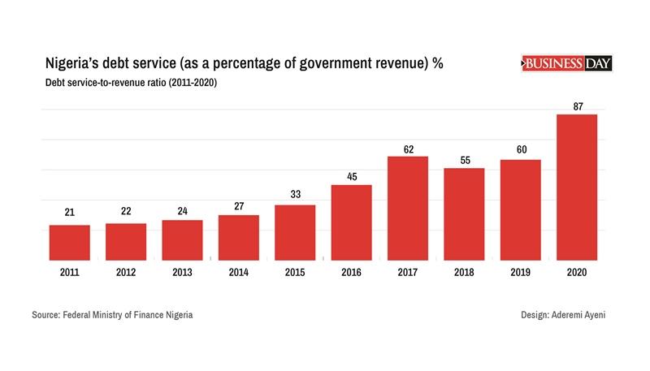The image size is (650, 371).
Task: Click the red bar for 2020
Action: click(577, 187)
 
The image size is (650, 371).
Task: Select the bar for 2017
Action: click(408, 208)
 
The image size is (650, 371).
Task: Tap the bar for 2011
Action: click(69, 242)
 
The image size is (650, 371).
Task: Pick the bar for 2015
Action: click(295, 232)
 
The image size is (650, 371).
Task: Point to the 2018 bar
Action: click(464, 214)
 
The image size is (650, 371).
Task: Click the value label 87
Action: click(577, 106)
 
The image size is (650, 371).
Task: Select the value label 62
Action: click(408, 148)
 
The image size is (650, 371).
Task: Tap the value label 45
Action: click(351, 176)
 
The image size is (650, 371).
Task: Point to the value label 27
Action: click(239, 206)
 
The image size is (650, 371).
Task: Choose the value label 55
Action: click(464, 159)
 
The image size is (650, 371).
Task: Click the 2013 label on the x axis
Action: click(182, 272)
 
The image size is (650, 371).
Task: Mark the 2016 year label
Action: click(351, 272)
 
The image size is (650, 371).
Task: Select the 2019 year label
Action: click(520, 272)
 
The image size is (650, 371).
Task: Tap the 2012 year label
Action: click(126, 272)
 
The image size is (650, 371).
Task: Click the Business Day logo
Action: click(565, 63)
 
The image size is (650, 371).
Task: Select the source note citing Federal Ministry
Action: click(113, 314)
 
